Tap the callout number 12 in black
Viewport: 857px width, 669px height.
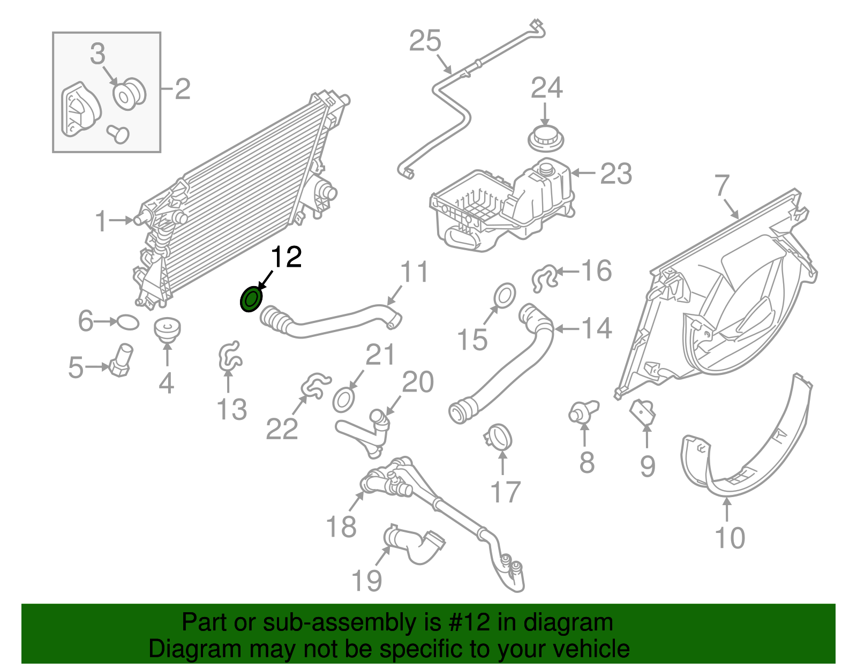(287, 257)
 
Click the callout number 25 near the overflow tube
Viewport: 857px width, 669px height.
(425, 41)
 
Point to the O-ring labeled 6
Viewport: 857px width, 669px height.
(127, 322)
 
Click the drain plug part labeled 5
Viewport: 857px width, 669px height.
(121, 359)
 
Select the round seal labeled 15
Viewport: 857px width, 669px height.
(503, 295)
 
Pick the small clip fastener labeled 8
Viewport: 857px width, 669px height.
(581, 413)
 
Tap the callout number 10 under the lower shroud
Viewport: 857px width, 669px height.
(730, 538)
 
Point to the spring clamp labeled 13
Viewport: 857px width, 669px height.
(230, 356)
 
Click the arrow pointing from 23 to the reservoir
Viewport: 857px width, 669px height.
(583, 173)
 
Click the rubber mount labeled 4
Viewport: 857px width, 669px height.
(167, 329)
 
